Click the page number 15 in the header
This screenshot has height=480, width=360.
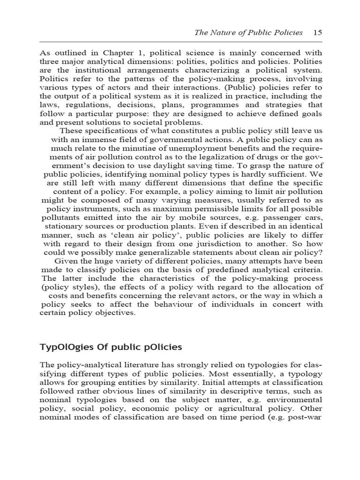click(317, 33)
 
